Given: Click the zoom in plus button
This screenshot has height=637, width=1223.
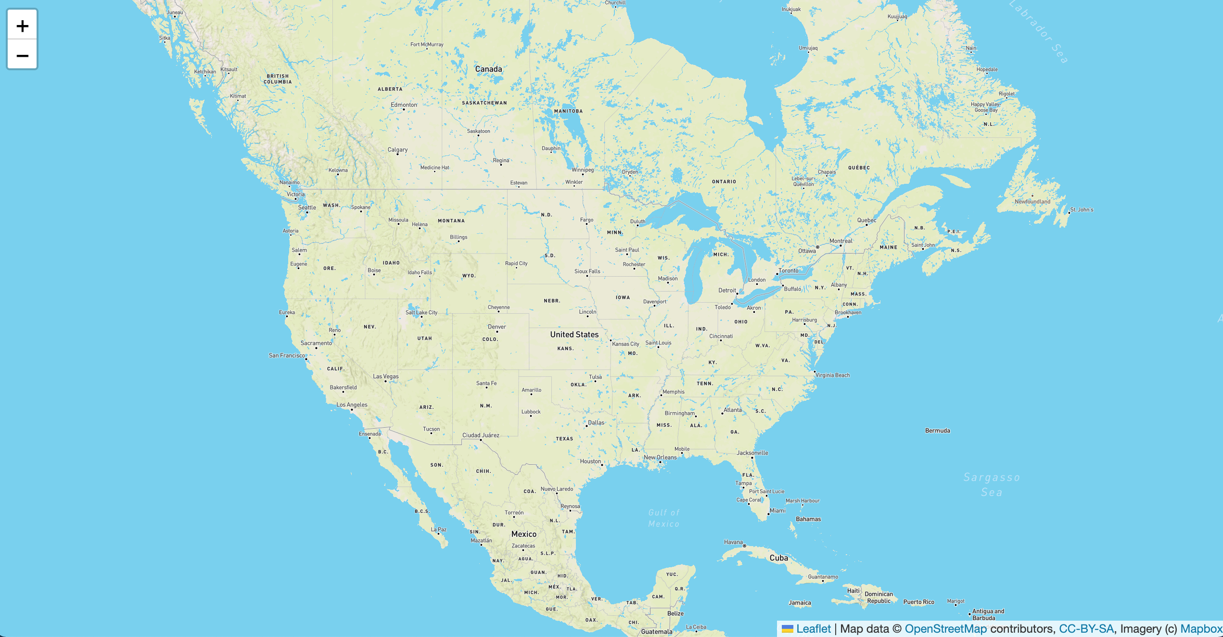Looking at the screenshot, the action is pos(22,25).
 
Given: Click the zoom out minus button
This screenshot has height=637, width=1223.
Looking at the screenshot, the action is pos(22,55).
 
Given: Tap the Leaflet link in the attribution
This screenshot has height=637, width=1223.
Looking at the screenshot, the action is pos(813,629).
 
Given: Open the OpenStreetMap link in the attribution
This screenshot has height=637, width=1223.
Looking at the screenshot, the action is pos(945,629).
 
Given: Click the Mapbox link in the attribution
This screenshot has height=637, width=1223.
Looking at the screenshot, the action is pos(1201,629).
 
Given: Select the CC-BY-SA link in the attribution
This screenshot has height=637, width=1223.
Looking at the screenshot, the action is pos(1086,629).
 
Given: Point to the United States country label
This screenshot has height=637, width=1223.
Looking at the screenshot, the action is pos(574,334).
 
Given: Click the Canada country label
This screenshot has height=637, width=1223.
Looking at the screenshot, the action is pos(488,69).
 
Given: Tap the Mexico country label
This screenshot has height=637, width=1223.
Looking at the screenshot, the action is pos(524,534).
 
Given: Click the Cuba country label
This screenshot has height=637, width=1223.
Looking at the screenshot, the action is pos(778,558).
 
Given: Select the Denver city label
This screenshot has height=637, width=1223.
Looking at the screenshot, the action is pos(497,327).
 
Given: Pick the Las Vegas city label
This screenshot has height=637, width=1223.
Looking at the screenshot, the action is pos(386,376).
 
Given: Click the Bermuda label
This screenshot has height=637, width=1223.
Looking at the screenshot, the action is pos(937,431).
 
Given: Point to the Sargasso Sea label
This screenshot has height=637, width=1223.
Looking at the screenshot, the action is pos(992,484).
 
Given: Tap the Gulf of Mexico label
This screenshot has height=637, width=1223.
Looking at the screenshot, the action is pos(664,518).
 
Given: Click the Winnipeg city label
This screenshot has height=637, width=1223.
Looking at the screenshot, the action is pos(583,170).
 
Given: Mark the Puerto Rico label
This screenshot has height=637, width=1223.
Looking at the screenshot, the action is pos(918,602).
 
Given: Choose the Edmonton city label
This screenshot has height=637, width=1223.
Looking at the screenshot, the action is pos(404,105).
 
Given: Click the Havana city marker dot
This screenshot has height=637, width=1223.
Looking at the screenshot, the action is pos(744,546).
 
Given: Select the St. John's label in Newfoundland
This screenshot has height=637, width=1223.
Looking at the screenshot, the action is pos(1082,210).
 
